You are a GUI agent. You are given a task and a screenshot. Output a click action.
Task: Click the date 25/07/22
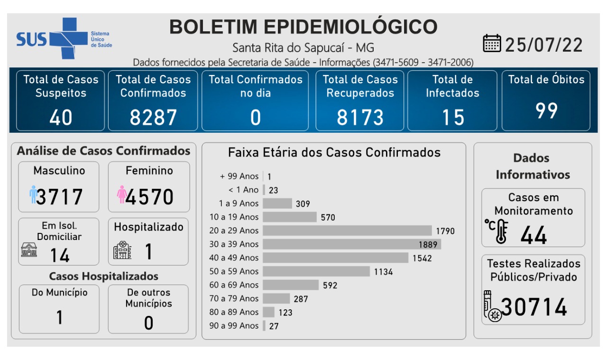pos(543,45)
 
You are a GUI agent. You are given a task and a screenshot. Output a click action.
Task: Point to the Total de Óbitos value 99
pos(546,111)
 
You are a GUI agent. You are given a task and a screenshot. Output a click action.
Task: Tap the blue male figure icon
pos(33,194)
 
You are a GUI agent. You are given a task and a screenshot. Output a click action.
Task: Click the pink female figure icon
pos(121,194)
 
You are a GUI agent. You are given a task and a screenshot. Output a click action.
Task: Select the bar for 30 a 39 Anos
pos(351,244)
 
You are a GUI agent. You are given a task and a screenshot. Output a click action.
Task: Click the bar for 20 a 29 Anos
pos(347,231)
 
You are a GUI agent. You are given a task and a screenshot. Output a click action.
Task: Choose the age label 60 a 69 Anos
pos(234,285)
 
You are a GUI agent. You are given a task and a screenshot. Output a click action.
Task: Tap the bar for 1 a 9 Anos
pos(277,203)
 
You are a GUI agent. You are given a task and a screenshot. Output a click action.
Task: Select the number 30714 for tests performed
pos(534,307)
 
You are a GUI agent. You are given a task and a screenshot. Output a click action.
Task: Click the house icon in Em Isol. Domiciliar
pos(29,249)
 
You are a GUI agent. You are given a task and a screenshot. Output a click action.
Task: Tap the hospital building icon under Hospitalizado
pos(122,250)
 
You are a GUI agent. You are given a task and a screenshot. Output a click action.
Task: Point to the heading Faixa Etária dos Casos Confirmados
pos(334,152)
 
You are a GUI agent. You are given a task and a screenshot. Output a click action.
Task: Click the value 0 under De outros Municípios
pos(148,323)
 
